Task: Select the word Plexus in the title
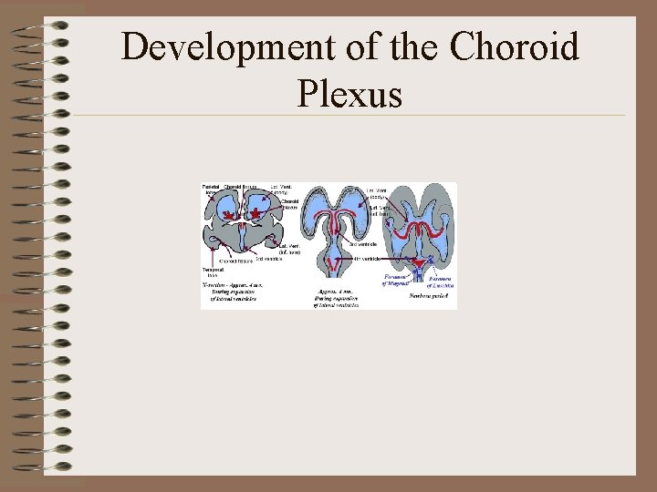(x=349, y=92)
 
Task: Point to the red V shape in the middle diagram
(x=334, y=264)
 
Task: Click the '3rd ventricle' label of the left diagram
(x=268, y=259)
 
